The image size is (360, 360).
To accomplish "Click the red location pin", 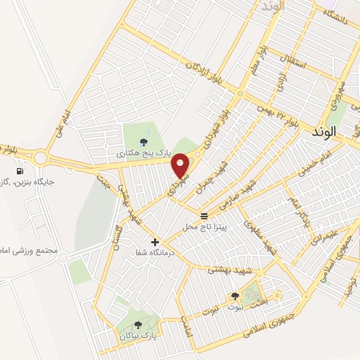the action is [x=181, y=165].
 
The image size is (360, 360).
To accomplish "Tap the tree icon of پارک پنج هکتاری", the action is [x=144, y=141].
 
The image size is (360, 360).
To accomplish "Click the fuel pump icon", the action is [x=19, y=171].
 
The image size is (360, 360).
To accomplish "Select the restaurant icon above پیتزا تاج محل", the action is [x=204, y=215].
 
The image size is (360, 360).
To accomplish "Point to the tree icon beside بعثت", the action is [x=235, y=297].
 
